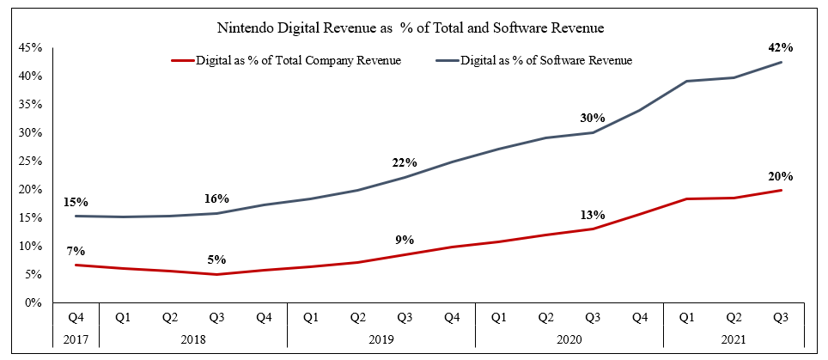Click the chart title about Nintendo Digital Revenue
tap(413, 28)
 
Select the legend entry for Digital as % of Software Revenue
tap(546, 60)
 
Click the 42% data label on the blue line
tap(781, 48)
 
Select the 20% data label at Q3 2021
tap(781, 176)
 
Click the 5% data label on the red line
tap(216, 260)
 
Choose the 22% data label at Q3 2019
tap(405, 162)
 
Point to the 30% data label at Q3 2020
tap(593, 118)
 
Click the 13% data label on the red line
tap(593, 215)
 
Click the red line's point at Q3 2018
tap(217, 275)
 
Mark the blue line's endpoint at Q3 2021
tap(781, 62)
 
